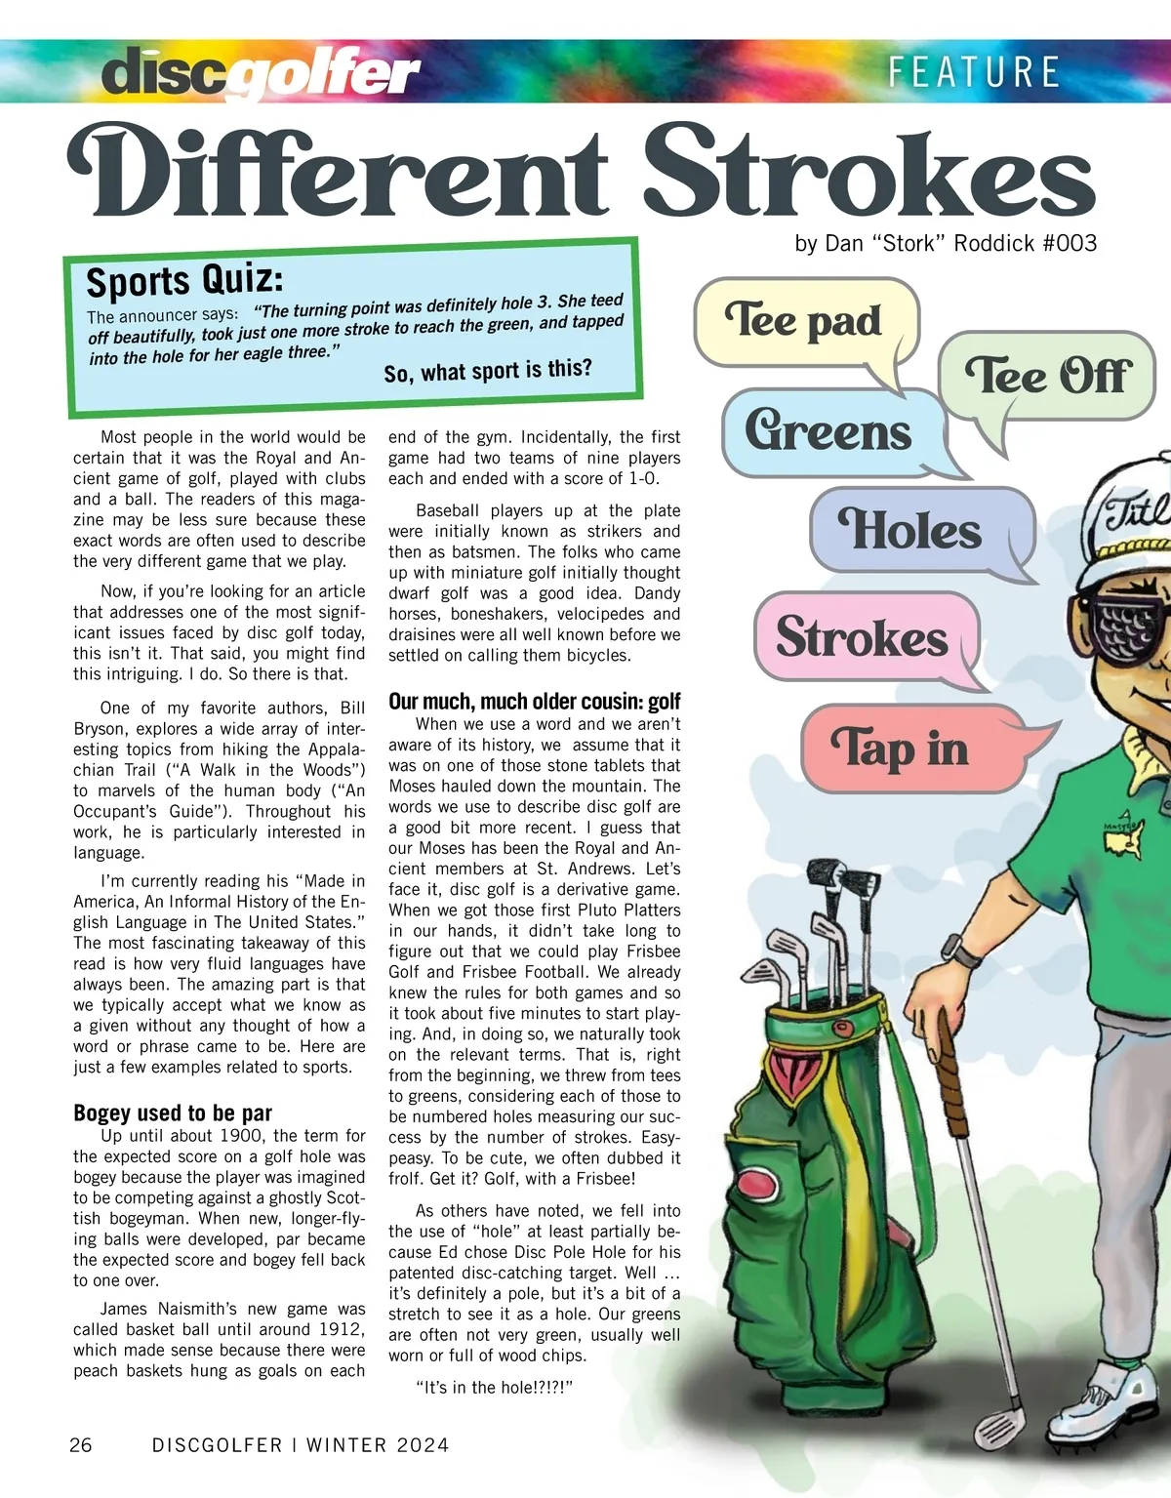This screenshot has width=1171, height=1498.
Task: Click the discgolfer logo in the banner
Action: pyautogui.click(x=261, y=73)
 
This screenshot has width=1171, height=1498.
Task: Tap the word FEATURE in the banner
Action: pyautogui.click(x=973, y=73)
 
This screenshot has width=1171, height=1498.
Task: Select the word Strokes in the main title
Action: pyautogui.click(x=868, y=174)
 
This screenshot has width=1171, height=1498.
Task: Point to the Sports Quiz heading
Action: pyautogui.click(x=185, y=279)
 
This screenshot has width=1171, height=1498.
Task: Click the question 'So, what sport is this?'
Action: pyautogui.click(x=488, y=371)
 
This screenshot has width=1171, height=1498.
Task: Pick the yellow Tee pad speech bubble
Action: pyautogui.click(x=805, y=322)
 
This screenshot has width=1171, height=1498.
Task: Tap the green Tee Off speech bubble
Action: pyautogui.click(x=1047, y=377)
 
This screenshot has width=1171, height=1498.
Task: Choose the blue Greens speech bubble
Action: pyautogui.click(x=829, y=431)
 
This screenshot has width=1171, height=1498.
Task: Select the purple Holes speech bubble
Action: pyautogui.click(x=911, y=531)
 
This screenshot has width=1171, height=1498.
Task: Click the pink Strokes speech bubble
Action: pyautogui.click(x=863, y=638)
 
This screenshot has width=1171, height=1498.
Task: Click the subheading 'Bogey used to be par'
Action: pyautogui.click(x=173, y=1113)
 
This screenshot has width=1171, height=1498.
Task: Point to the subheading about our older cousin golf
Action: pyautogui.click(x=535, y=701)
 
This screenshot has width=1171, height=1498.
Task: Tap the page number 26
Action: pyautogui.click(x=81, y=1445)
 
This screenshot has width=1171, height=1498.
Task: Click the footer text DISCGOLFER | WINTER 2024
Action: pyautogui.click(x=301, y=1445)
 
